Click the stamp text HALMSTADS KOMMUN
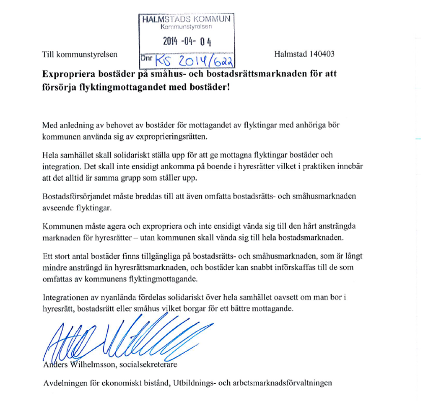[186, 18]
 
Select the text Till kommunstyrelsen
[80, 54]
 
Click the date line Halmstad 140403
[304, 54]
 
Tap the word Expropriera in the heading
[70, 74]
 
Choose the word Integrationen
[68, 297]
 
